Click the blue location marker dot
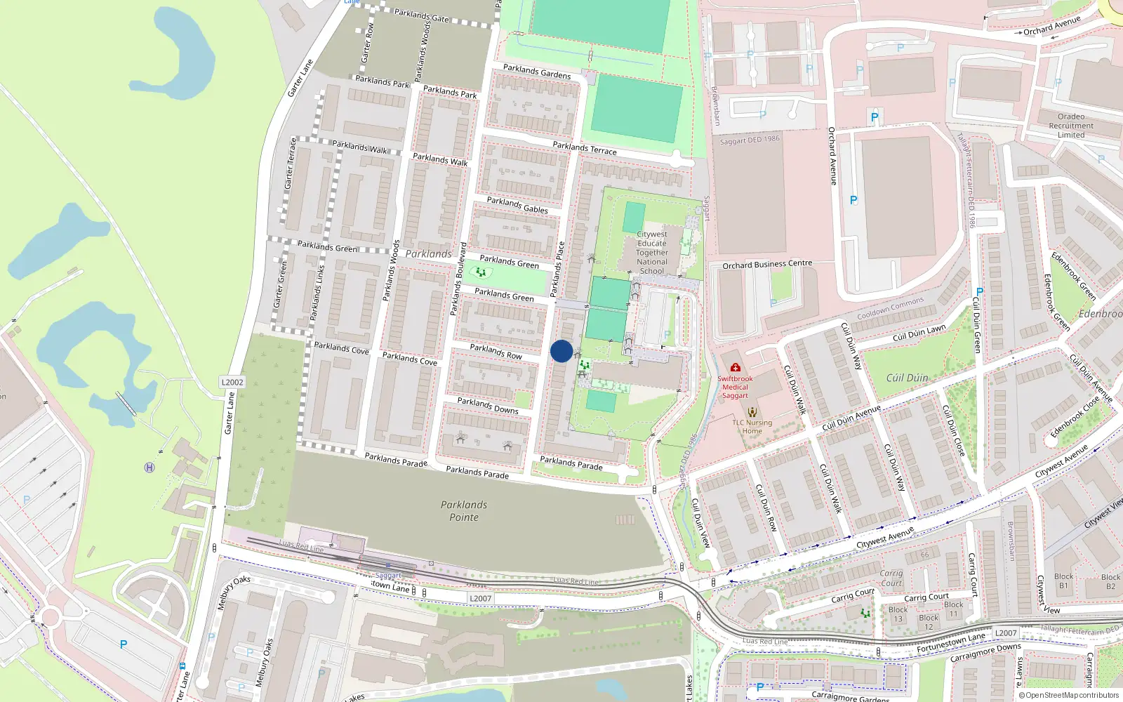(561, 351)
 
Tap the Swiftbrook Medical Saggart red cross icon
(735, 367)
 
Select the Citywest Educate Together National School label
(652, 253)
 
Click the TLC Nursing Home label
(752, 426)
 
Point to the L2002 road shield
(232, 383)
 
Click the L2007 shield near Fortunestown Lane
(1006, 633)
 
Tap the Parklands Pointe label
(464, 511)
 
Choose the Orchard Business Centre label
(767, 265)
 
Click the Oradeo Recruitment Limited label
(1071, 126)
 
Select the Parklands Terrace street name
(585, 148)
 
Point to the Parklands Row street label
(496, 352)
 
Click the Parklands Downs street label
(488, 406)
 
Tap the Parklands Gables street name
(517, 205)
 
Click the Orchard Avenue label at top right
(1051, 26)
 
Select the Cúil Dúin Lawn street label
(919, 333)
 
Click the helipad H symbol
(149, 468)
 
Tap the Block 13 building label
(898, 614)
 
